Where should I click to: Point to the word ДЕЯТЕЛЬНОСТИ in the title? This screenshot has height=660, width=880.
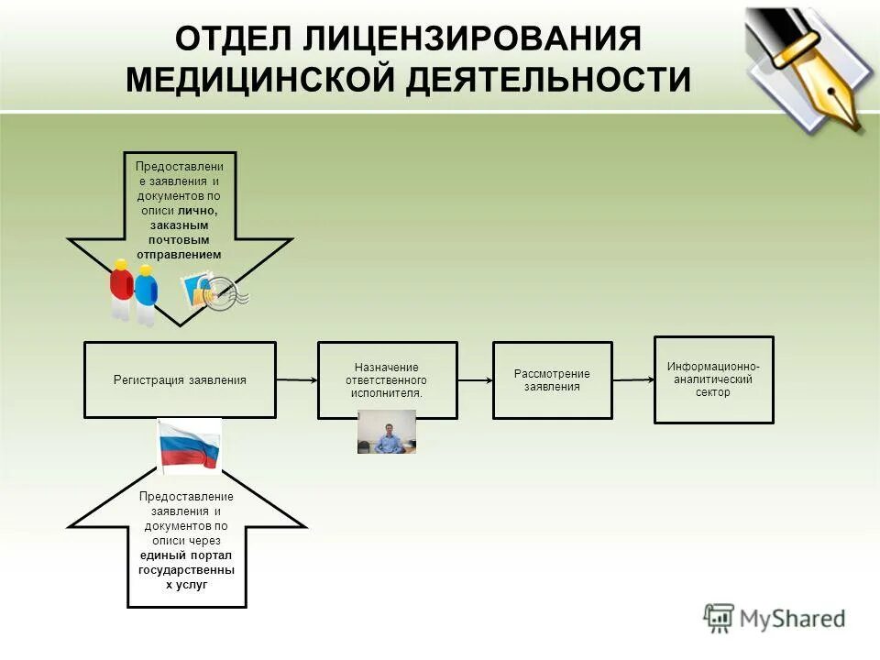pyautogui.click(x=549, y=79)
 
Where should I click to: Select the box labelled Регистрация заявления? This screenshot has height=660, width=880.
pyautogui.click(x=180, y=379)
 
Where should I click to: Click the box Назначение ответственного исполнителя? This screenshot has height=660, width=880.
pyautogui.click(x=387, y=379)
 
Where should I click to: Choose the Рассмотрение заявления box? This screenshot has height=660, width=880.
pyautogui.click(x=552, y=379)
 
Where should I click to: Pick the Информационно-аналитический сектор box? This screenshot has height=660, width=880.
pyautogui.click(x=713, y=379)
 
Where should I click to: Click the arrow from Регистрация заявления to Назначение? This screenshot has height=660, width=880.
pyautogui.click(x=296, y=379)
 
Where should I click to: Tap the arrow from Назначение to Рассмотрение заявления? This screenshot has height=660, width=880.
pyautogui.click(x=475, y=379)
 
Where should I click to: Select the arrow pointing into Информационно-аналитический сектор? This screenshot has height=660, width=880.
pyautogui.click(x=632, y=379)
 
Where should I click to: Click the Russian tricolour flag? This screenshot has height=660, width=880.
pyautogui.click(x=190, y=445)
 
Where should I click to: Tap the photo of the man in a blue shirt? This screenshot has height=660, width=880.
pyautogui.click(x=387, y=432)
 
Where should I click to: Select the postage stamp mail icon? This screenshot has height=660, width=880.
pyautogui.click(x=214, y=291)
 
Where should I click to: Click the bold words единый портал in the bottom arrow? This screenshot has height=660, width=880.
pyautogui.click(x=186, y=555)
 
